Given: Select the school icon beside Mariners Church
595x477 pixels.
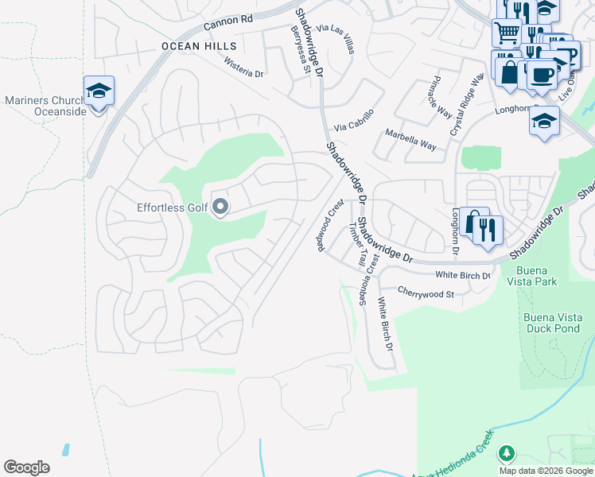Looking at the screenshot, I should (x=99, y=92).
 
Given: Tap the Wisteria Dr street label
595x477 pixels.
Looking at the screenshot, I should (x=243, y=67).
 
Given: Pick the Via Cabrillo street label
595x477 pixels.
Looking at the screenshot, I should (x=353, y=121).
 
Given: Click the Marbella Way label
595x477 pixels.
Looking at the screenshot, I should (x=410, y=140).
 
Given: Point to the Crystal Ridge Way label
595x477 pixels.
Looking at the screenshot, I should (x=466, y=104).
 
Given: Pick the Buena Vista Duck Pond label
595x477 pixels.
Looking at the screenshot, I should (x=554, y=323).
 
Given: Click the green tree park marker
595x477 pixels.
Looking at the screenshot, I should (x=506, y=453).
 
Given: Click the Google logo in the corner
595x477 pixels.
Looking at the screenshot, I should (x=27, y=467).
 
